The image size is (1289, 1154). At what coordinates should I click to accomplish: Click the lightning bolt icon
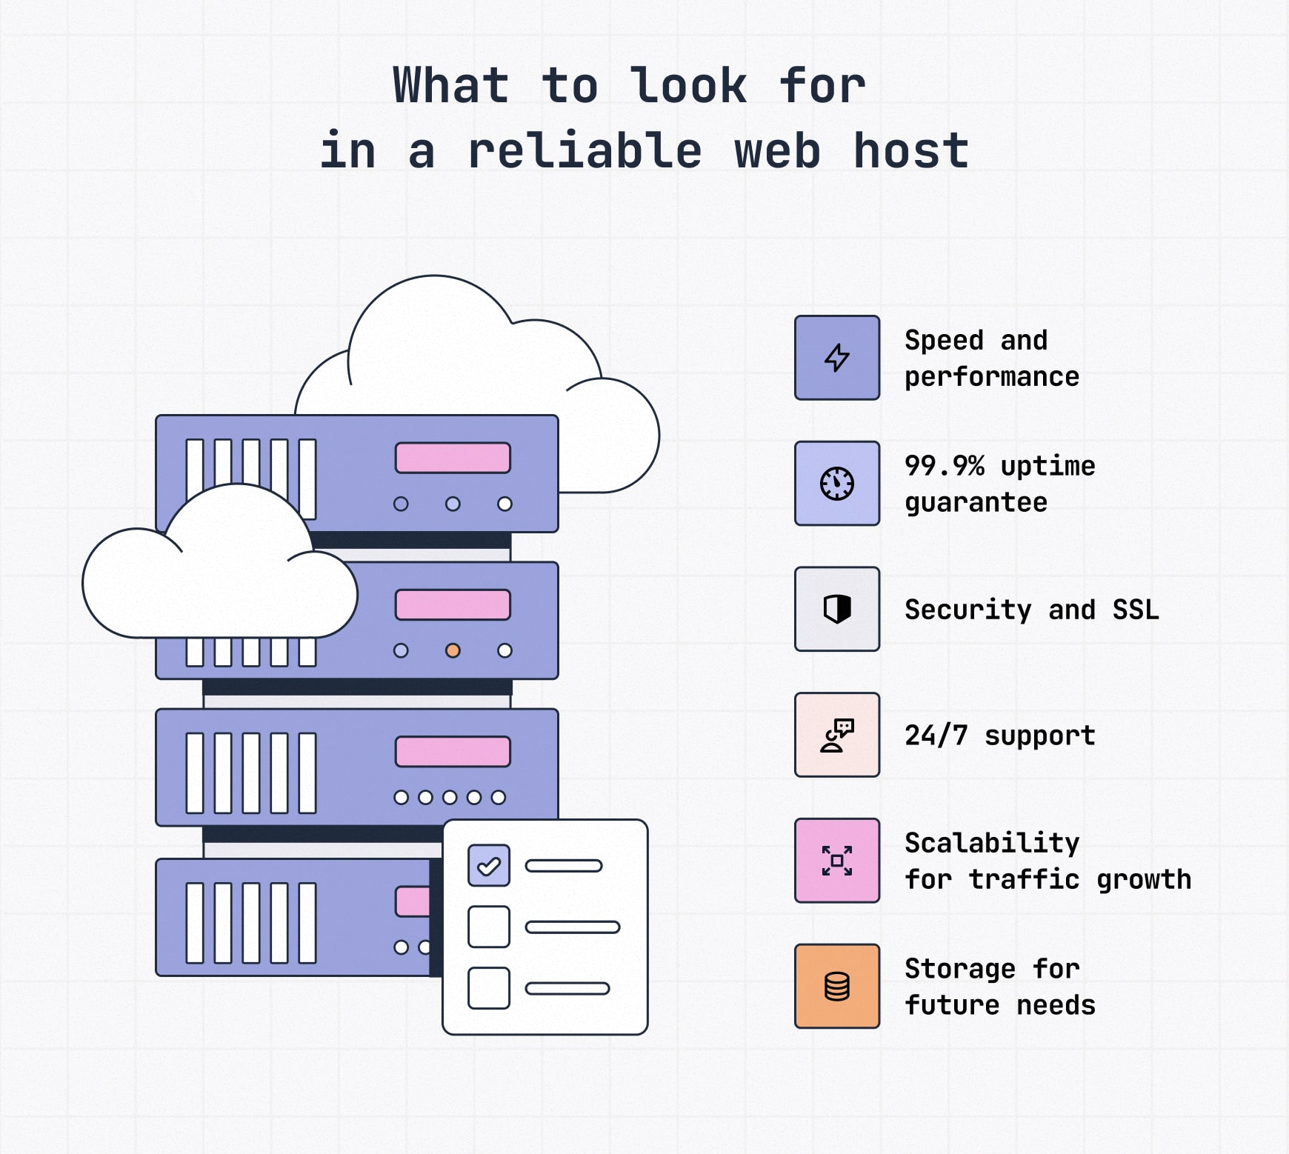[x=837, y=358]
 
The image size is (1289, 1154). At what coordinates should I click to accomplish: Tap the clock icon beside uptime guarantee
[x=837, y=484]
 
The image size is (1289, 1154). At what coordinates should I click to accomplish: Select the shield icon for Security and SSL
[x=837, y=609]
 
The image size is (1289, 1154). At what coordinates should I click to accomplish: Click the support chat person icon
[x=837, y=735]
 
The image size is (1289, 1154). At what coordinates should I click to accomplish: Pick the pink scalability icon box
[x=837, y=861]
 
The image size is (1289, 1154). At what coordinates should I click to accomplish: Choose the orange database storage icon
[x=837, y=986]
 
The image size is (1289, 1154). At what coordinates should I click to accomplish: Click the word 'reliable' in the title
[x=584, y=150]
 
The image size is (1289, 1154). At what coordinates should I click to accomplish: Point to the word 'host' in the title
[x=911, y=150]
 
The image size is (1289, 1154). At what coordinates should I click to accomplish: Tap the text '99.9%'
[x=945, y=466]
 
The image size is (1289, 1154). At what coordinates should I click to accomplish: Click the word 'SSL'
[x=1136, y=610]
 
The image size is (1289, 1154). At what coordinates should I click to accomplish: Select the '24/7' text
[x=936, y=736]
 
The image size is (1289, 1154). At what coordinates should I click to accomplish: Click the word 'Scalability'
[x=992, y=842]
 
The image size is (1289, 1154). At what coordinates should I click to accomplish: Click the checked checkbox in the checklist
[x=489, y=865]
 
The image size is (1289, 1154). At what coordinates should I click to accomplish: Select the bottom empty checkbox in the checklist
[x=489, y=988]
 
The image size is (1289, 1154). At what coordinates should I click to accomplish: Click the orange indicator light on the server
[x=453, y=650]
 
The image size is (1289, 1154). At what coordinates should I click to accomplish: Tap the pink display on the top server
[x=453, y=458]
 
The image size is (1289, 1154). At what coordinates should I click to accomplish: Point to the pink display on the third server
[x=453, y=752]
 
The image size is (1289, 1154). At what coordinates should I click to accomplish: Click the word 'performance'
[x=992, y=377]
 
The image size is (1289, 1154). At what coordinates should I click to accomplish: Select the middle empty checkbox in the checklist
[x=489, y=927]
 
